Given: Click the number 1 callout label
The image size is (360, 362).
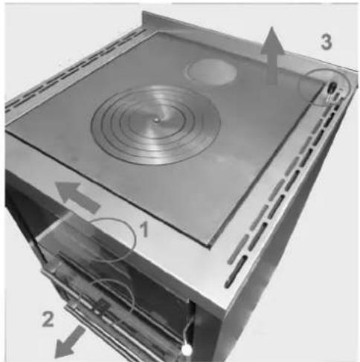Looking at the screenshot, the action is coord(144,229).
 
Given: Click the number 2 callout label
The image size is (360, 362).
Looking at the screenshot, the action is coord(48,319).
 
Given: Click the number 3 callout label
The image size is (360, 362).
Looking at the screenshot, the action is coord(326,42).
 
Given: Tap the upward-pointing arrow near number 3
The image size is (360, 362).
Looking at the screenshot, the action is coord(272,55).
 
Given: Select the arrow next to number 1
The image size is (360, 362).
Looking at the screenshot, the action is coord(77,196).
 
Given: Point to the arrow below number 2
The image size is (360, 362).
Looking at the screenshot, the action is coord(69,343).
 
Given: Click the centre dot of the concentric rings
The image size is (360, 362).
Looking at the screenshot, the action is coord(156,120).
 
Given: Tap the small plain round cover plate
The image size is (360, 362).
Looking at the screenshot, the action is coord(210,71).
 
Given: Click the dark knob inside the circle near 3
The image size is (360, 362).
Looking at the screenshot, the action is coord(331,88).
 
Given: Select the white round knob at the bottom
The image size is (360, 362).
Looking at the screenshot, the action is coord(187,350).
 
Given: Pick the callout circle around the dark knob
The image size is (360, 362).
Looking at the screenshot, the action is coord(300,87).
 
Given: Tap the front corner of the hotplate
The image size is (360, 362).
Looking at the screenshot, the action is coord(210,246).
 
